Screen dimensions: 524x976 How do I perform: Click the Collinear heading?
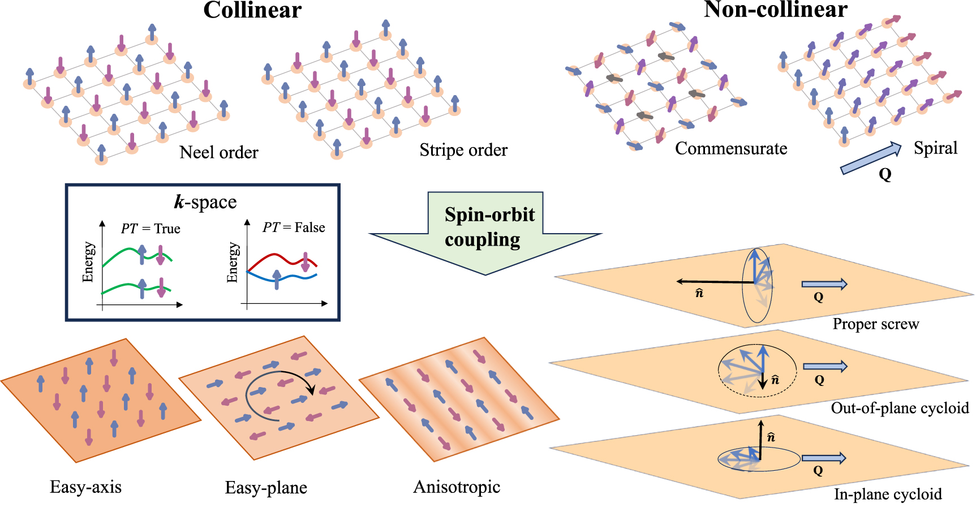point(252,10)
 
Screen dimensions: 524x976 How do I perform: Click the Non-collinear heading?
point(775,9)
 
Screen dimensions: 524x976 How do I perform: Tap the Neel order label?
point(218,152)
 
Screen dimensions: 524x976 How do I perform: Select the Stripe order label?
point(463,150)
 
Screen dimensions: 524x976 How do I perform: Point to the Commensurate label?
point(730,148)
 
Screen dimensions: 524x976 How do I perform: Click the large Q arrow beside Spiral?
point(870,158)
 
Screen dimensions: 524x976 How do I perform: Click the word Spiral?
point(935,148)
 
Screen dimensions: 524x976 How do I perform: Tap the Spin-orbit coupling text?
point(489,227)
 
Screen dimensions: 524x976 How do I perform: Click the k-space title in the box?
point(205,202)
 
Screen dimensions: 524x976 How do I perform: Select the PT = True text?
point(151,229)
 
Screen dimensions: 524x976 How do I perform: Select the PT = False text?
point(294,227)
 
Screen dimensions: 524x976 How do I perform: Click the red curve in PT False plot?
point(274,256)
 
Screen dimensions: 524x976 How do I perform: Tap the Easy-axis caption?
point(85,487)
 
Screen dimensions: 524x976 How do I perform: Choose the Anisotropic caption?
point(457,487)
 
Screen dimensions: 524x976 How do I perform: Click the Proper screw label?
point(875,324)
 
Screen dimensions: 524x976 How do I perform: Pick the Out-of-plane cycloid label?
point(899,408)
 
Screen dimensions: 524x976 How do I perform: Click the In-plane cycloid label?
point(887,494)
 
